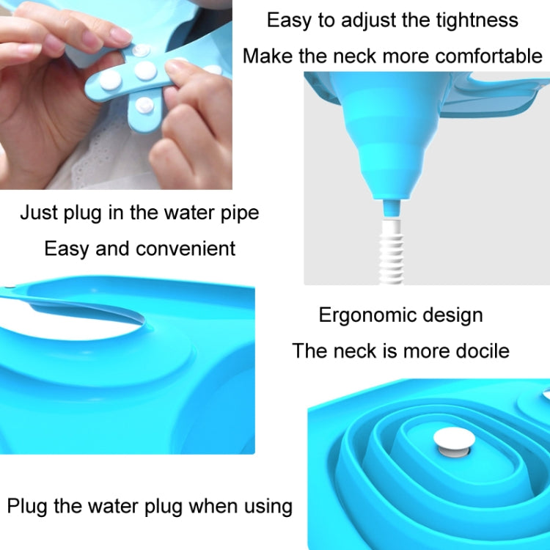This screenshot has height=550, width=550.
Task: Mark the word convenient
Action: coord(185,248)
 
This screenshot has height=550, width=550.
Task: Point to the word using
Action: coord(268,506)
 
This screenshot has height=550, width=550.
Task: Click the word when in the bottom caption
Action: coord(213,506)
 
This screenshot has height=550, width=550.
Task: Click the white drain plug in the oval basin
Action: coord(454,439)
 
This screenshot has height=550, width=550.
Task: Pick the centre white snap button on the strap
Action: coord(145,70)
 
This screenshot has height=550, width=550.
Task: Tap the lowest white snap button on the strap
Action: coord(145,106)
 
